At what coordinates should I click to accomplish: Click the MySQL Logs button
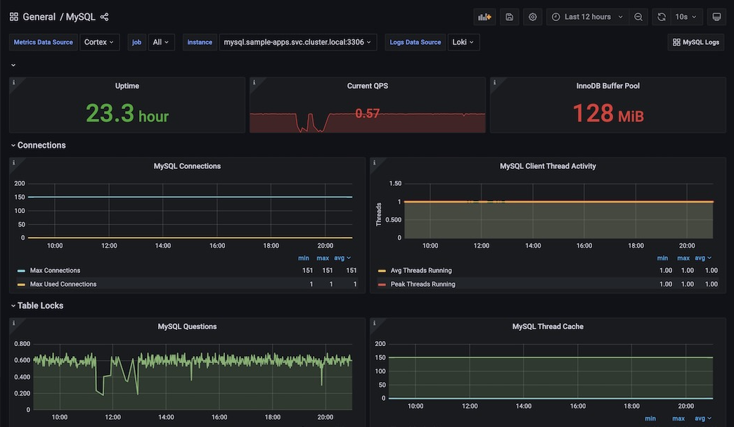coord(695,42)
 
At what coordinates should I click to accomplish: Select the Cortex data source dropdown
coord(100,42)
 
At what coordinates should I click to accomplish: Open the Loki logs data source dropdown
coord(463,42)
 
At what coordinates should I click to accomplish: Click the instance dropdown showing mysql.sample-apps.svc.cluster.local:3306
coord(298,42)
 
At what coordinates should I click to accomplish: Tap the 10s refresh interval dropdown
coord(685,17)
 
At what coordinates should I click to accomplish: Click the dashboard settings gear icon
coord(532,17)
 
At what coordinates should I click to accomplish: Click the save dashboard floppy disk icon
coord(510,17)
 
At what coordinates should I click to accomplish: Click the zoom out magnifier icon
coord(638,17)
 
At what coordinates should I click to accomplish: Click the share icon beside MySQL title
coord(105,17)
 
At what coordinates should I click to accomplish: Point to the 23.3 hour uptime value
coord(127,113)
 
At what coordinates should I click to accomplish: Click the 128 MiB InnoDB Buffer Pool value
coord(607,113)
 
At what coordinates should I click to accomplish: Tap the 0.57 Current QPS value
coord(367,113)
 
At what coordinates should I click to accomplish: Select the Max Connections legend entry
coord(55,271)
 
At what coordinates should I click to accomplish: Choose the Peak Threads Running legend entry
coord(423,284)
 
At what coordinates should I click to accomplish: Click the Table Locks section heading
coord(40,306)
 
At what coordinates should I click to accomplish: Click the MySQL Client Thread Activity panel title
coord(548,167)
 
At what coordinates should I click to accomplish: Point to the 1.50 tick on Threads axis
coord(394,184)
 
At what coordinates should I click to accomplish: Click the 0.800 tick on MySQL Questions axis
coord(22,344)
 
